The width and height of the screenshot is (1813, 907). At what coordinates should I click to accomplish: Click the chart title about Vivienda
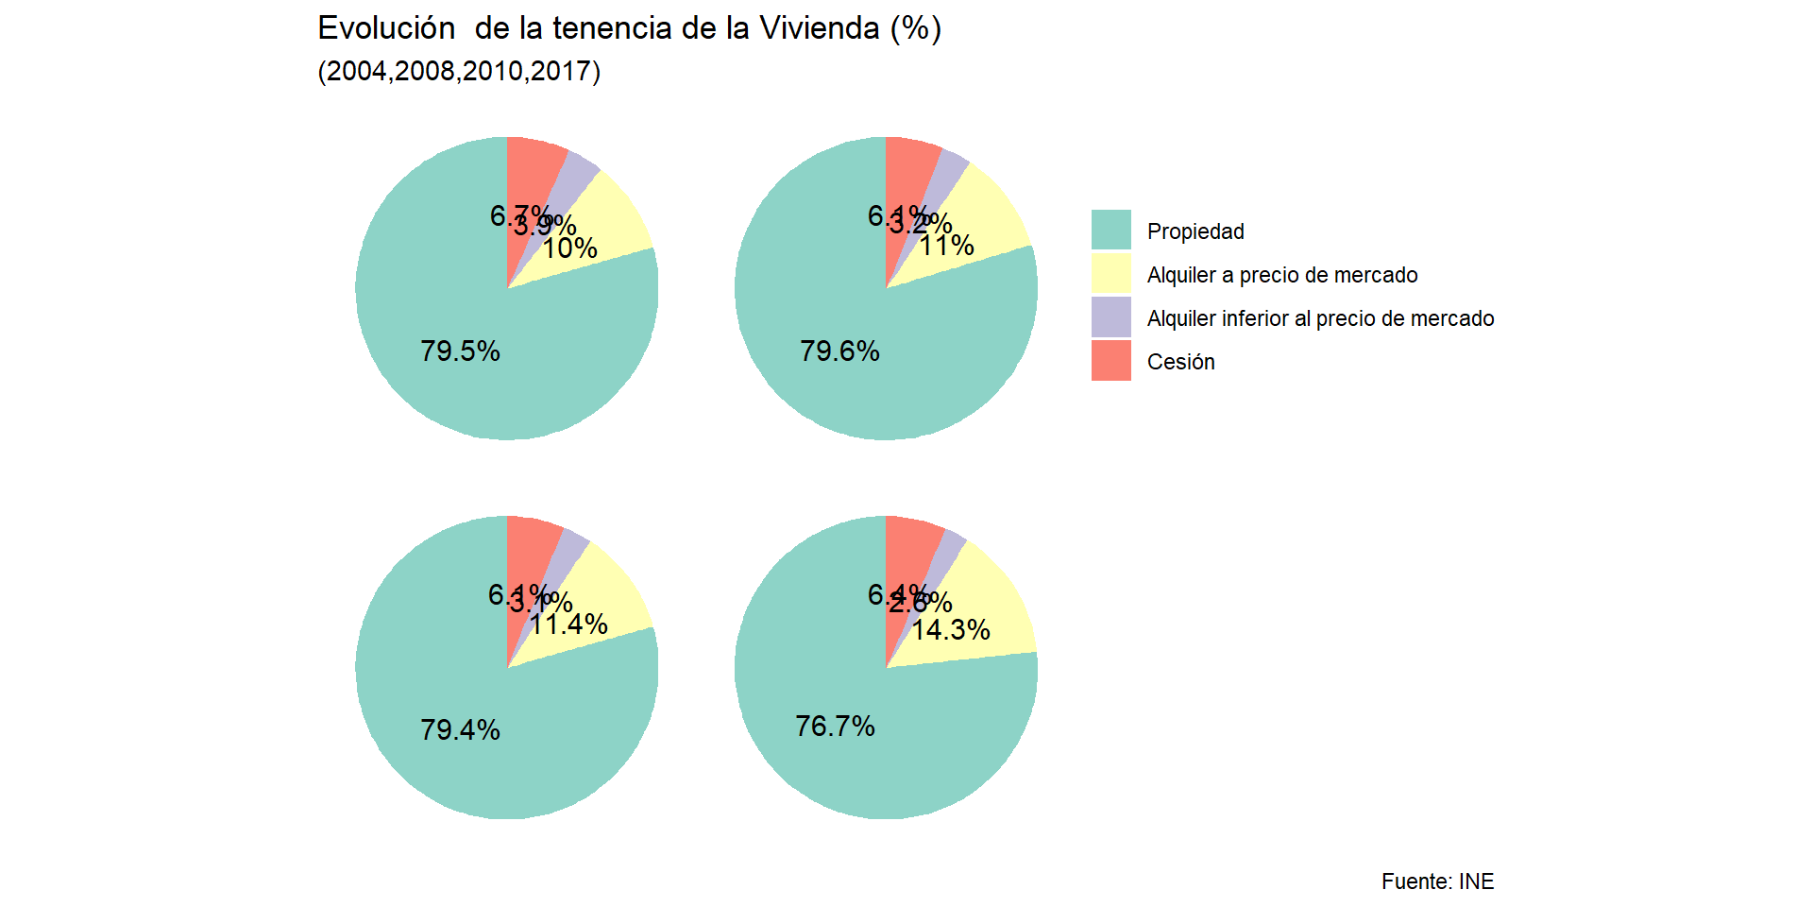click(x=629, y=29)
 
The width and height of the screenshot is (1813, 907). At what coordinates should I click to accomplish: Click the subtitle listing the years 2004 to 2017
click(x=459, y=72)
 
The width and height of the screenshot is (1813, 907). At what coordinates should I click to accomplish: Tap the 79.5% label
click(x=460, y=351)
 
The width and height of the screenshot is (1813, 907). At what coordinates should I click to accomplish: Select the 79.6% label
click(x=839, y=351)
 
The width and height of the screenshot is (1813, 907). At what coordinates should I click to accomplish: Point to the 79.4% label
click(x=460, y=730)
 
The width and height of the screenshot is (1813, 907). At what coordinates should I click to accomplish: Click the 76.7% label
click(x=835, y=727)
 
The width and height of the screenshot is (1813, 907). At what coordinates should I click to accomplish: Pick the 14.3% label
click(x=951, y=630)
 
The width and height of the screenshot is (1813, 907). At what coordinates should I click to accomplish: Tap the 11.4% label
click(x=568, y=625)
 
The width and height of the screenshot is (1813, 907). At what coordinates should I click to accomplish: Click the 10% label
click(x=570, y=248)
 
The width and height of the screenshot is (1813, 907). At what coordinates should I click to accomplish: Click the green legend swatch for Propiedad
click(x=1110, y=231)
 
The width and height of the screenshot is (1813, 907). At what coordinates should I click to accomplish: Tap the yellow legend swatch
click(x=1110, y=274)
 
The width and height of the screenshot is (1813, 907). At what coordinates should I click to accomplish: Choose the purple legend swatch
click(x=1110, y=317)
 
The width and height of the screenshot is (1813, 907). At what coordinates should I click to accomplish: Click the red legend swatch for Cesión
click(x=1110, y=361)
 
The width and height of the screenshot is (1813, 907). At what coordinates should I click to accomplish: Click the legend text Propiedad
click(x=1195, y=231)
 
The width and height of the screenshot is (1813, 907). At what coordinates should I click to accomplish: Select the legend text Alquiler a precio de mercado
click(x=1282, y=275)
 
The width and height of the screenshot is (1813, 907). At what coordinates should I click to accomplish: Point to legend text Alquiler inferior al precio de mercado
click(x=1320, y=318)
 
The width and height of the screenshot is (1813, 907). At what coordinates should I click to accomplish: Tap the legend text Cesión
click(x=1180, y=362)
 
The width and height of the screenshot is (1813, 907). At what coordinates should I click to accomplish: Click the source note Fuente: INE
click(x=1437, y=881)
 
